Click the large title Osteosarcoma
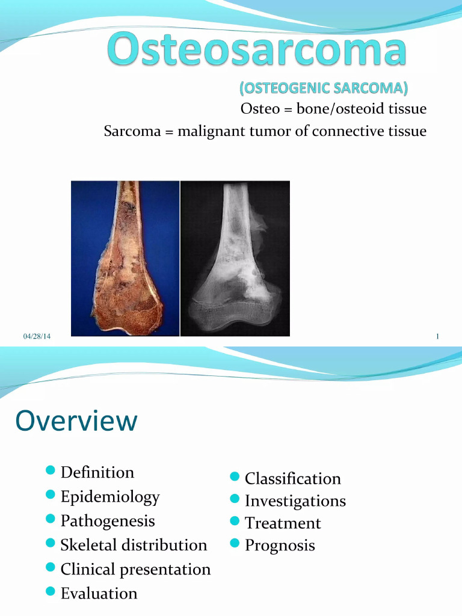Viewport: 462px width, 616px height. coord(257,51)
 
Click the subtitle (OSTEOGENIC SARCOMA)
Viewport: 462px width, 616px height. coord(324,88)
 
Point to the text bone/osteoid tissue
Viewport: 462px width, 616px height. coord(361,109)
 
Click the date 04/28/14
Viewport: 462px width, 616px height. coord(37,336)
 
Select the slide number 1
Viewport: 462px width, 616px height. coord(437,336)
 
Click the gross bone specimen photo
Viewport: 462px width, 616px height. coord(125,258)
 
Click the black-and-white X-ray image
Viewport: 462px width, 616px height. coord(235,258)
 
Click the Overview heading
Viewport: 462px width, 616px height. coord(76,421)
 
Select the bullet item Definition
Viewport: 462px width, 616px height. coord(97,472)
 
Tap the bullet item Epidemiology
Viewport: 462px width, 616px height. coord(110,497)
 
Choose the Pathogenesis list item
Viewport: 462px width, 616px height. coord(108,520)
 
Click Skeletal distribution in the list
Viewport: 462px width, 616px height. coord(134,545)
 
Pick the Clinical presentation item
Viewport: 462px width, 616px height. coord(135,569)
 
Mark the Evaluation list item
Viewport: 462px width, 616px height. coord(99,593)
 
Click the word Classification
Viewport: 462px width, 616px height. coord(292,479)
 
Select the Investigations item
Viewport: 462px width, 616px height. coord(295,501)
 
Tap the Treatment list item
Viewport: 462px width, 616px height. coord(283,523)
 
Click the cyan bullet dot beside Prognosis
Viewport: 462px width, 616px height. coord(235,544)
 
